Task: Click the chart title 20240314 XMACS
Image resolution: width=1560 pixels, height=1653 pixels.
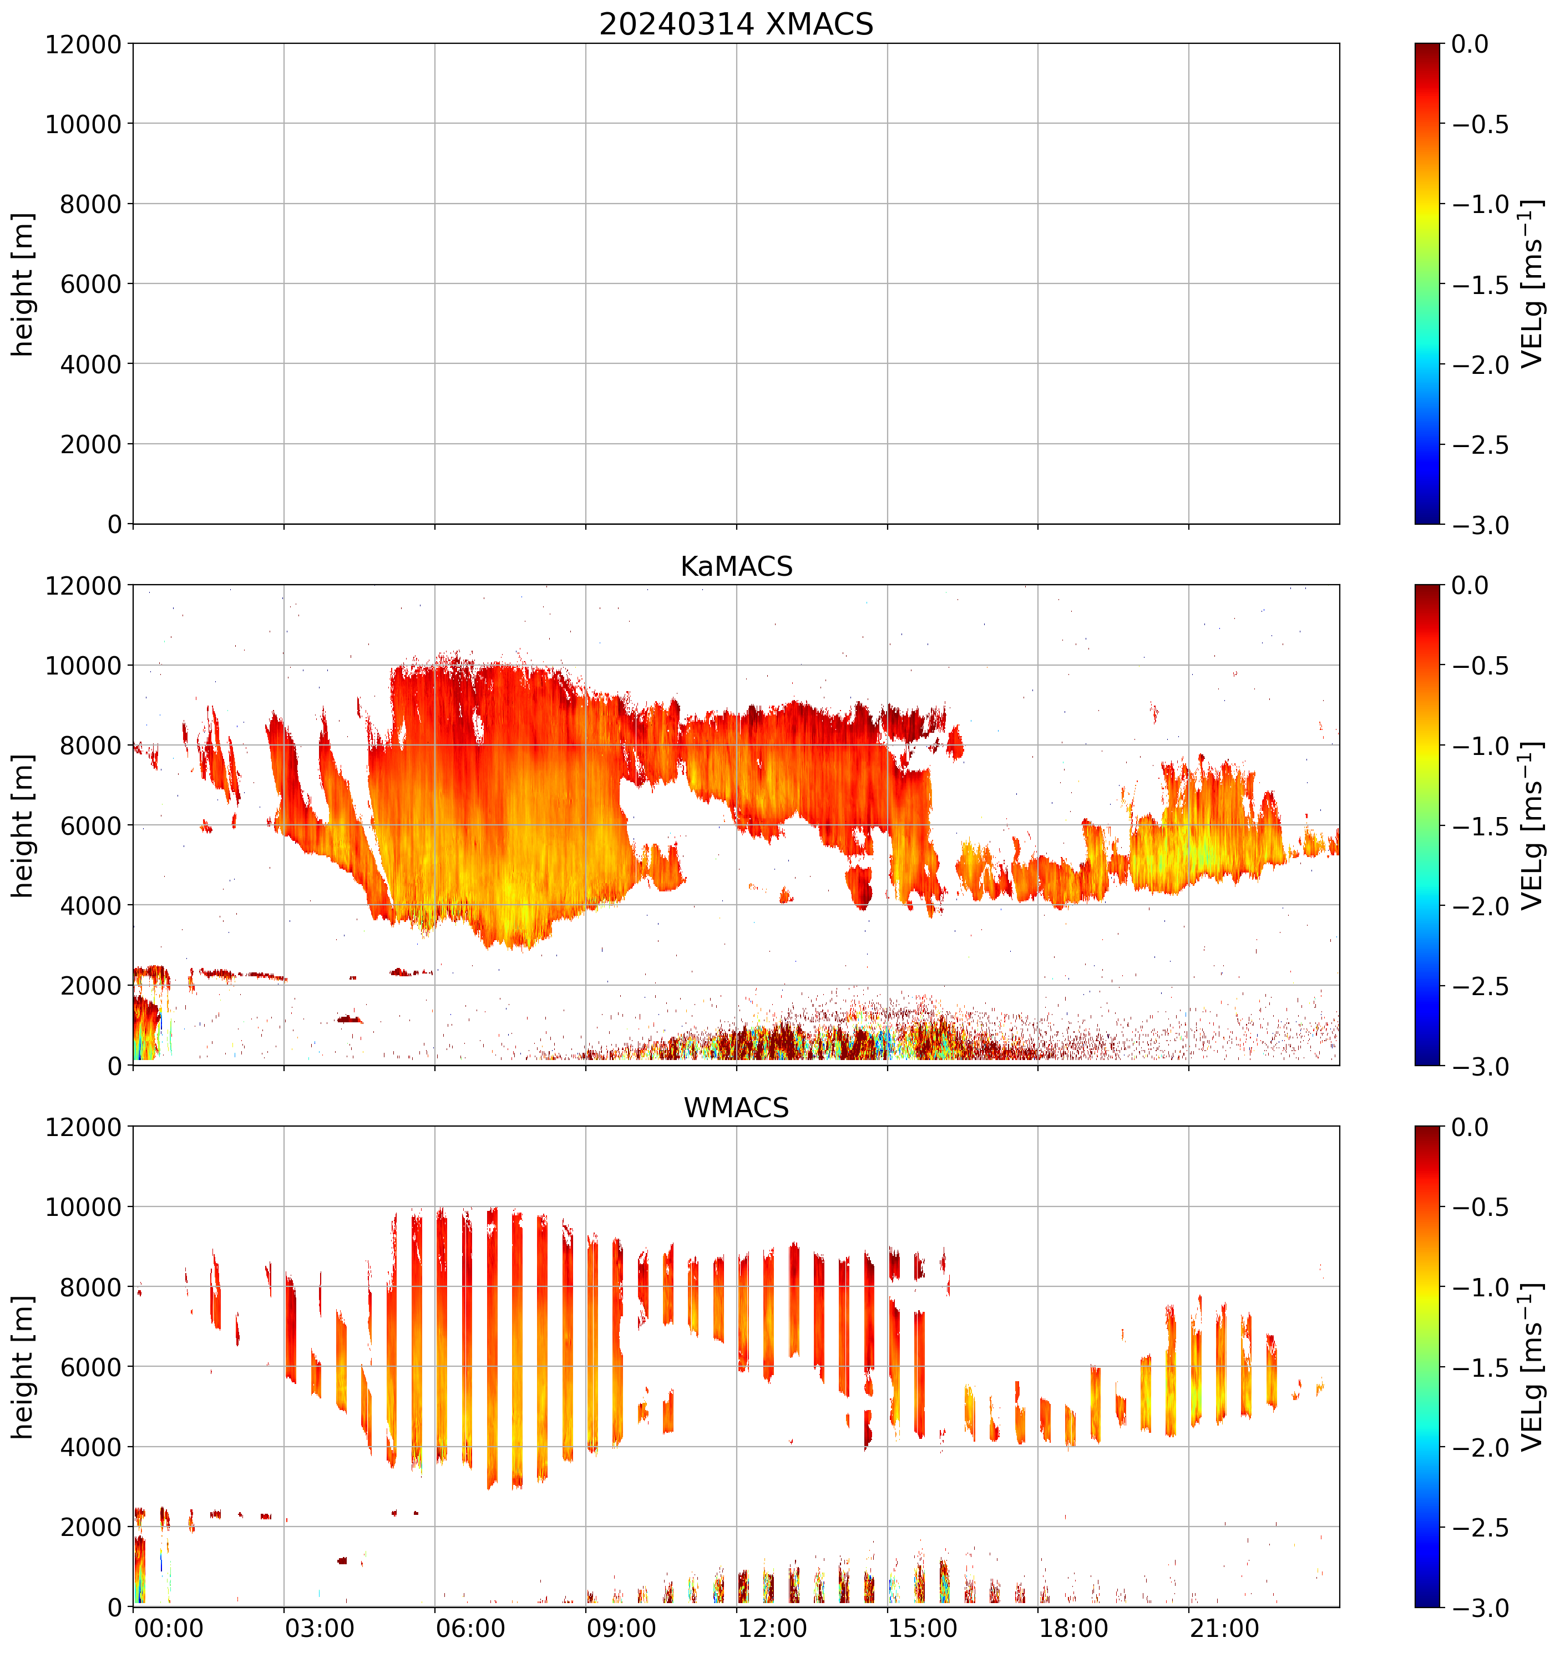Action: (x=736, y=24)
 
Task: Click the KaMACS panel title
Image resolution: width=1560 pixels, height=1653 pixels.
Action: (x=736, y=566)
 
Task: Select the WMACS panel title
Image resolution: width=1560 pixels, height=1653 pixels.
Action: (x=736, y=1108)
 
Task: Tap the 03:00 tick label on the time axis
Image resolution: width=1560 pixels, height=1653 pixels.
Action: (x=320, y=1627)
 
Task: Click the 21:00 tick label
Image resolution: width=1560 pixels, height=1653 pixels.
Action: (x=1224, y=1627)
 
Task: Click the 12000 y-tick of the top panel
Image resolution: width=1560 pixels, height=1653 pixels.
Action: (x=83, y=44)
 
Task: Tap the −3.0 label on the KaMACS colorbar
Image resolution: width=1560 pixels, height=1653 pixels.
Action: (x=1480, y=1067)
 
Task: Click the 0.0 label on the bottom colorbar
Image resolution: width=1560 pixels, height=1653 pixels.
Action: (x=1470, y=1128)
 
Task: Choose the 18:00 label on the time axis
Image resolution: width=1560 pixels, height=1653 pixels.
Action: (x=1073, y=1627)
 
